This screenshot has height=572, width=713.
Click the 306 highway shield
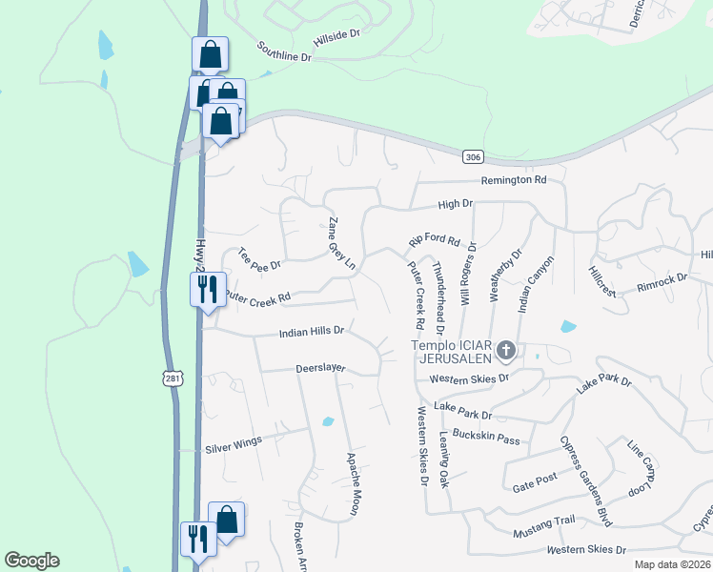(x=472, y=156)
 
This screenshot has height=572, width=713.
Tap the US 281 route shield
(x=173, y=378)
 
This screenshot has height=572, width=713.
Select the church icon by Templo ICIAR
(x=506, y=352)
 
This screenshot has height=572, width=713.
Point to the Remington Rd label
(x=514, y=179)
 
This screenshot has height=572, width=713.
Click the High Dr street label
(x=455, y=203)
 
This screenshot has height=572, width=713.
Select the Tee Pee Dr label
(x=259, y=258)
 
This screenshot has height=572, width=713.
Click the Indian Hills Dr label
(x=311, y=334)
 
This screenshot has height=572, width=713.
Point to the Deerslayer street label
(x=320, y=367)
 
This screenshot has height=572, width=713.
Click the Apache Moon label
(x=352, y=483)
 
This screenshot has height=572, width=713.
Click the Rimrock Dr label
(x=662, y=279)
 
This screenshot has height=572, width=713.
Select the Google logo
(x=31, y=561)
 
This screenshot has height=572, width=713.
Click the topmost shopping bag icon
(x=210, y=55)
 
